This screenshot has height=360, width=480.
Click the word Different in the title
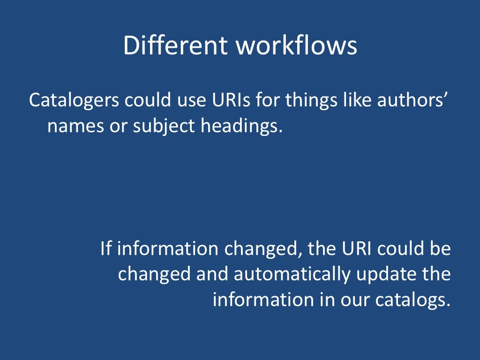[175, 46]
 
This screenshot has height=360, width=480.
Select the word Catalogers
[75, 100]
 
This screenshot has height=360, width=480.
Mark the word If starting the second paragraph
[106, 248]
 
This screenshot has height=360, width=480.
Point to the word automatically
[292, 274]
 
